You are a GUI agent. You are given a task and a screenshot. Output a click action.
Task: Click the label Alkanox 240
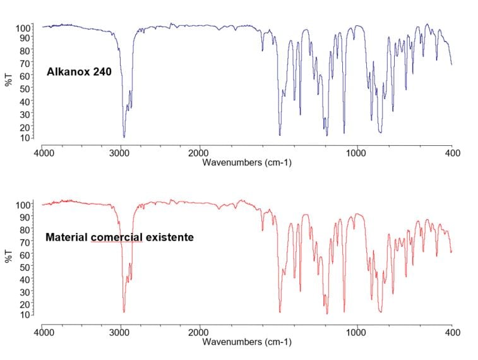click(x=79, y=72)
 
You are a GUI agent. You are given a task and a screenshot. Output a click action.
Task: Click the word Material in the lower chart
click(x=67, y=237)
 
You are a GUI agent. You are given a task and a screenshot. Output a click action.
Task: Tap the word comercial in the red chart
click(x=117, y=237)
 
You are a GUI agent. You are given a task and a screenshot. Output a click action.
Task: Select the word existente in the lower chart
click(x=170, y=237)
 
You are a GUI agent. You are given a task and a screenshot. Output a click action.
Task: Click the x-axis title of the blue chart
click(x=247, y=162)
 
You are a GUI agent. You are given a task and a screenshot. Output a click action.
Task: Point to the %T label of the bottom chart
click(x=8, y=256)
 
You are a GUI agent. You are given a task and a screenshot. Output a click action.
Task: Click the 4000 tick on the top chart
click(x=42, y=153)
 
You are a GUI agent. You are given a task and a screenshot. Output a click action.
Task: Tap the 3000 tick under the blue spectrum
click(x=121, y=153)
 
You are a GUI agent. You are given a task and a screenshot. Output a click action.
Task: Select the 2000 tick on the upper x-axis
click(x=200, y=153)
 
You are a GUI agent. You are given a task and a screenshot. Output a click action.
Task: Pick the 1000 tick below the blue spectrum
click(x=357, y=153)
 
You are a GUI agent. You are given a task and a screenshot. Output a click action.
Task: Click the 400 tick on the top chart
click(x=451, y=153)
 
